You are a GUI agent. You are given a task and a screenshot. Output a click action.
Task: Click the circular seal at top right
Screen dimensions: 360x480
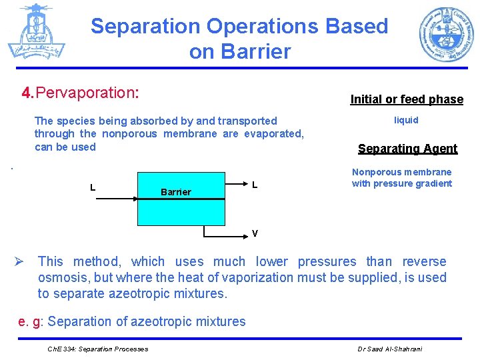(446, 35)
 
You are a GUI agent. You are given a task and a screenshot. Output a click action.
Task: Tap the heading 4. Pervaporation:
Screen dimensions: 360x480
(81, 93)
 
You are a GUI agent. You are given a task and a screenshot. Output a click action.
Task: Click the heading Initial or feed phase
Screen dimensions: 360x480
(407, 99)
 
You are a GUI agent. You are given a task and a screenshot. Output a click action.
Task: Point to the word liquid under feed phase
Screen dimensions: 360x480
(406, 120)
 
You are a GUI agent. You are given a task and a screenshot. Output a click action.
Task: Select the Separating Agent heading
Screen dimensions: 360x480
(407, 149)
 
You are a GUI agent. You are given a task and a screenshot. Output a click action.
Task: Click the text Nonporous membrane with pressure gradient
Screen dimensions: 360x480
(401, 178)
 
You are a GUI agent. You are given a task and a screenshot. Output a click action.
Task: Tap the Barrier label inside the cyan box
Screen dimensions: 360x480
(176, 192)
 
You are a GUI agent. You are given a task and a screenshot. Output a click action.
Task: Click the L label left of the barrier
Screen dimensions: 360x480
(93, 187)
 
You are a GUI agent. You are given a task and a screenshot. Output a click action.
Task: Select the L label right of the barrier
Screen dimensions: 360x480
(255, 184)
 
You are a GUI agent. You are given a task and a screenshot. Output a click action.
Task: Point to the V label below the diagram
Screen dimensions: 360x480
(255, 233)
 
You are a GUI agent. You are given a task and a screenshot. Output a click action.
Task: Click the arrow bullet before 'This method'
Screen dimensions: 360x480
(22, 262)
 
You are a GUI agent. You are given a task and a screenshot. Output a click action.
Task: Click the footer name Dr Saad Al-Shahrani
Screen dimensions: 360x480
(389, 349)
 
